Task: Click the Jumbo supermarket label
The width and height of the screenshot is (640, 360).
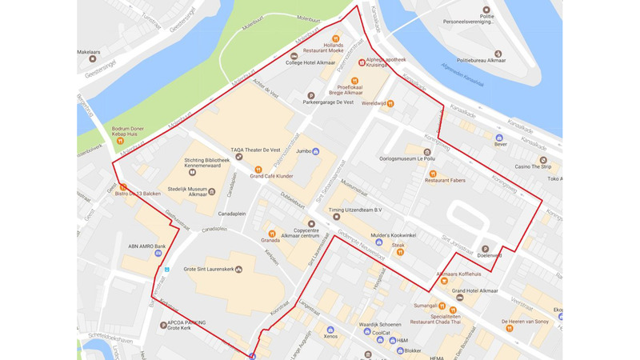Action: point(297,150)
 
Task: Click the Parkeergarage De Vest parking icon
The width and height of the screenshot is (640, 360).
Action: point(310,95)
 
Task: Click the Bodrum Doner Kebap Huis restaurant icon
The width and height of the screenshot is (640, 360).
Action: point(120,142)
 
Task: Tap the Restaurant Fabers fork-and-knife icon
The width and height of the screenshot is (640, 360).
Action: point(433,173)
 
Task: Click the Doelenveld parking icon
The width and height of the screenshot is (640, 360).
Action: point(485,248)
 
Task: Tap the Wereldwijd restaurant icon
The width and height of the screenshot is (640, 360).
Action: point(390,103)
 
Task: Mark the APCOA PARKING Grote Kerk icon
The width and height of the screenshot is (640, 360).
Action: point(163,325)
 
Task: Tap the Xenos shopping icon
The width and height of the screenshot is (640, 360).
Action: point(330,329)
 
